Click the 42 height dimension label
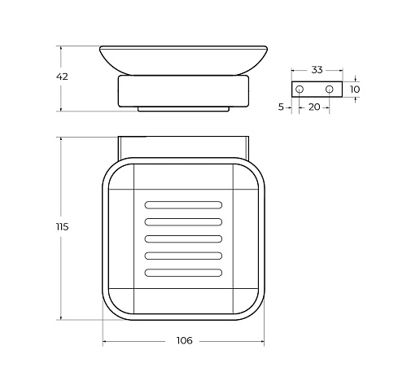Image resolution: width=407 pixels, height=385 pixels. coord(62,77)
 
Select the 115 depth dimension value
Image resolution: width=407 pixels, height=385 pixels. coord(62,226)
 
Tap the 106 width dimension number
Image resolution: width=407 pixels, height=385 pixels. coord(184,340)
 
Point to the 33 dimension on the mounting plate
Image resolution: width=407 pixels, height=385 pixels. coord(317,70)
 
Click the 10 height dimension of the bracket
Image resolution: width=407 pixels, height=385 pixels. coord(355,90)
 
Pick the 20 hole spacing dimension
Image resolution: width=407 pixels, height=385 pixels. coord(314,107)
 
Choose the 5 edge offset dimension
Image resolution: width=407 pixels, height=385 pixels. coord(281,107)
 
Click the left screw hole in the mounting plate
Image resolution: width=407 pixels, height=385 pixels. coord(300,89)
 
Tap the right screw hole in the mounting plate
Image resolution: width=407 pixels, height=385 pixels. coord(330,89)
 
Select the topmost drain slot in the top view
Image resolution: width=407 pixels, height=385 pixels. coord(183,205)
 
